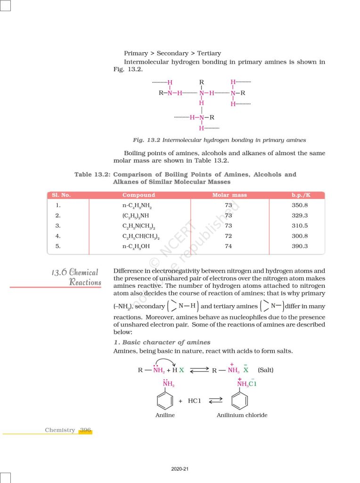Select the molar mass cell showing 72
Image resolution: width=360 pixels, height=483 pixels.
(229, 236)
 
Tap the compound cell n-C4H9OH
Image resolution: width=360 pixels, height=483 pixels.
(137, 246)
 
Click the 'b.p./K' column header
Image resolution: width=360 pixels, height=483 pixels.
(300, 195)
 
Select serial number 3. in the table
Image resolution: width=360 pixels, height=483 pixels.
(58, 225)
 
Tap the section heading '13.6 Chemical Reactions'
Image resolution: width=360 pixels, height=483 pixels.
(76, 277)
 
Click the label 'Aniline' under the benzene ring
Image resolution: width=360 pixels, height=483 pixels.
(165, 415)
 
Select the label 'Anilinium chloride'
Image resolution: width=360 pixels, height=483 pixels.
(242, 415)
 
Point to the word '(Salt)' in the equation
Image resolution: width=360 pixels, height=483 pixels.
(266, 370)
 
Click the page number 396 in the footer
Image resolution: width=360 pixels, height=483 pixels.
(85, 430)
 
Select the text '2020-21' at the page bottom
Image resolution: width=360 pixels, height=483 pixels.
(180, 469)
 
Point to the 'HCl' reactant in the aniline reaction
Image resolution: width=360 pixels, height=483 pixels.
(195, 401)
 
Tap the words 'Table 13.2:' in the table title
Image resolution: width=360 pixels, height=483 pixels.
(92, 175)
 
